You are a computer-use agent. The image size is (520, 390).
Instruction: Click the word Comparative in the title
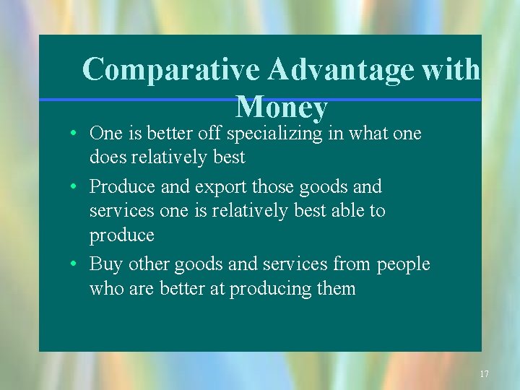tap(172, 70)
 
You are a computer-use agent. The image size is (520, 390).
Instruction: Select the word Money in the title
tap(282, 108)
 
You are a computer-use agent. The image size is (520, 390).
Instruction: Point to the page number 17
tap(484, 374)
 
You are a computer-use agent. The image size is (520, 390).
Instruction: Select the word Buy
tap(103, 264)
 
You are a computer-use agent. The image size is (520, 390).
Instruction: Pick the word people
tap(403, 264)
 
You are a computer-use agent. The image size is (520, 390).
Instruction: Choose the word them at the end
tap(336, 289)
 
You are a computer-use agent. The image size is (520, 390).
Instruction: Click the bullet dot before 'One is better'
tap(74, 134)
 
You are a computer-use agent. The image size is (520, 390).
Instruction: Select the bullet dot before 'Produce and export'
tap(74, 188)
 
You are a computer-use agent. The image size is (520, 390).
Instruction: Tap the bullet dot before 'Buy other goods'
tap(74, 265)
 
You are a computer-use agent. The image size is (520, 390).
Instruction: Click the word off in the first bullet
tap(211, 134)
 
